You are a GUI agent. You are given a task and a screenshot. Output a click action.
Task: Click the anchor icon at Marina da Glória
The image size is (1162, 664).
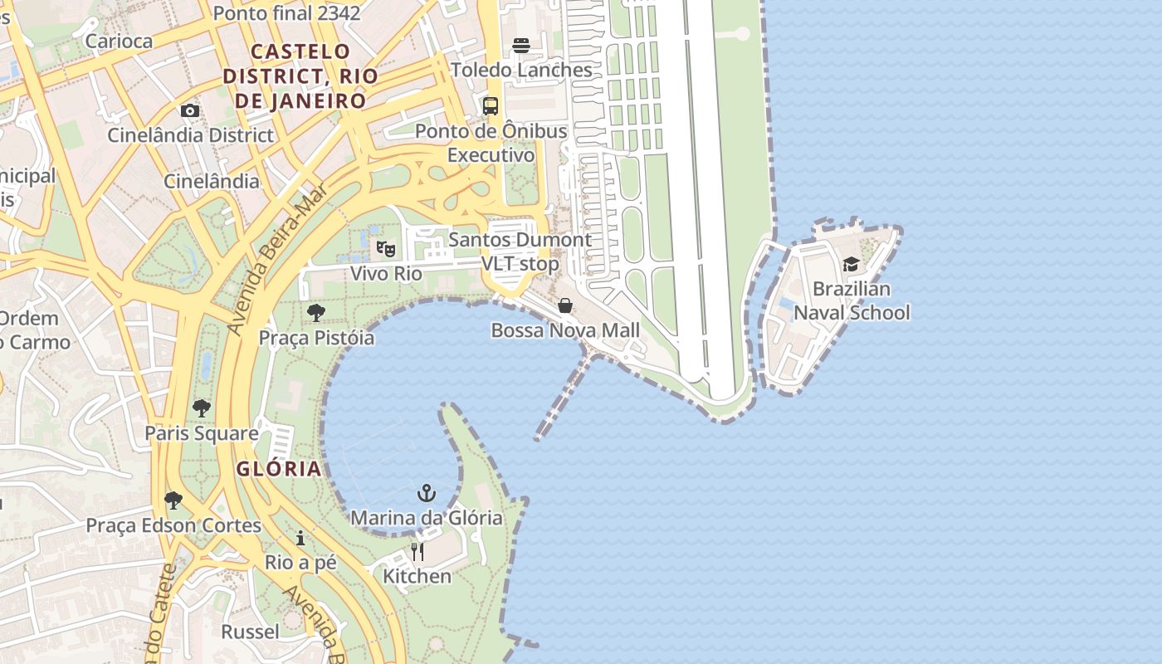tap(427, 494)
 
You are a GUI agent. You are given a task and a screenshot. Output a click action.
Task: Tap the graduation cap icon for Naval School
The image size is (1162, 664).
tap(851, 265)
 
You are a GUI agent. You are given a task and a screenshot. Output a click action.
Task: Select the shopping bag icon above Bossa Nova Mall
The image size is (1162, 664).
tap(565, 305)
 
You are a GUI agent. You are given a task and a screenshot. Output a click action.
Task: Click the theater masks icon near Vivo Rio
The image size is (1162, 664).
tap(386, 248)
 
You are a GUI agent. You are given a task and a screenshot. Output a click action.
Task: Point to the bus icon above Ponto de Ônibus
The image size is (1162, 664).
tap(491, 106)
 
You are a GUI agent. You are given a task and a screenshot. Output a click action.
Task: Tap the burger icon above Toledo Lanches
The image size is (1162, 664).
tap(521, 45)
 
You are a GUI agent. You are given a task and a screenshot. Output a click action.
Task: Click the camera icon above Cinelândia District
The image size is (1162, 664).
tap(190, 110)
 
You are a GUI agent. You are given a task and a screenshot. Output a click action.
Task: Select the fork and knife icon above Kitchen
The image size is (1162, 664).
tap(417, 552)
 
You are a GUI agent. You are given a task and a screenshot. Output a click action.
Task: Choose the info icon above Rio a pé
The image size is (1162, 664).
tap(300, 539)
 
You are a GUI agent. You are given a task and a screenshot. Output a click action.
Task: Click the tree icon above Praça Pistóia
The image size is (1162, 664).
tap(315, 313)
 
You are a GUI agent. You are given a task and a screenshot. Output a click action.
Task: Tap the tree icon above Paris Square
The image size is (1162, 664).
tap(201, 408)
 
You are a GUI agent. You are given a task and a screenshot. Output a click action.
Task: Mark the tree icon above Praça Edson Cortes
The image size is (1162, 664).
tap(173, 500)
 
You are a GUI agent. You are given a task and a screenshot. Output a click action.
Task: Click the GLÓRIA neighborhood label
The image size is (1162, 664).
tap(279, 469)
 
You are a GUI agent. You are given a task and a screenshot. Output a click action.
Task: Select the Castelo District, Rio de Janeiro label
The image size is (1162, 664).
tap(300, 76)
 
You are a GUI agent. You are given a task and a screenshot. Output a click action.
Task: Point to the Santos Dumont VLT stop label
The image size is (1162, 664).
tap(520, 251)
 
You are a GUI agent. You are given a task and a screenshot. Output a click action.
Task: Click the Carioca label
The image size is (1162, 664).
tap(119, 41)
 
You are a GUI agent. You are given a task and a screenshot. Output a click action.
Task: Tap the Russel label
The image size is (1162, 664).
tap(250, 632)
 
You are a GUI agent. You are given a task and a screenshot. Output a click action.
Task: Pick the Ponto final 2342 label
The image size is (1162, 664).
tap(286, 13)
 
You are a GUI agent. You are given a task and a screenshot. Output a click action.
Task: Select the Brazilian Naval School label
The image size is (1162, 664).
tap(852, 300)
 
